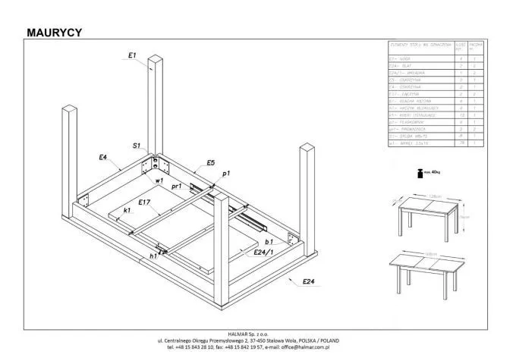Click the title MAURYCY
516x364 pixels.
(54, 32)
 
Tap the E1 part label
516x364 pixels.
(131, 55)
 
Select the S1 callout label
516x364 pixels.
(137, 146)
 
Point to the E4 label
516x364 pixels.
(102, 157)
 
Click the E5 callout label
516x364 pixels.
(211, 163)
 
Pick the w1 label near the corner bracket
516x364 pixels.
(159, 181)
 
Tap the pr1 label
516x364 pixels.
(176, 186)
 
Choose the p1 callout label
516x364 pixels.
(226, 174)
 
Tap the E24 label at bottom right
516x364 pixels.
(309, 281)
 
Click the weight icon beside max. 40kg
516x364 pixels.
(417, 173)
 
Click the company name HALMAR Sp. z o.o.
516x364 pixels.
(257, 334)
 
